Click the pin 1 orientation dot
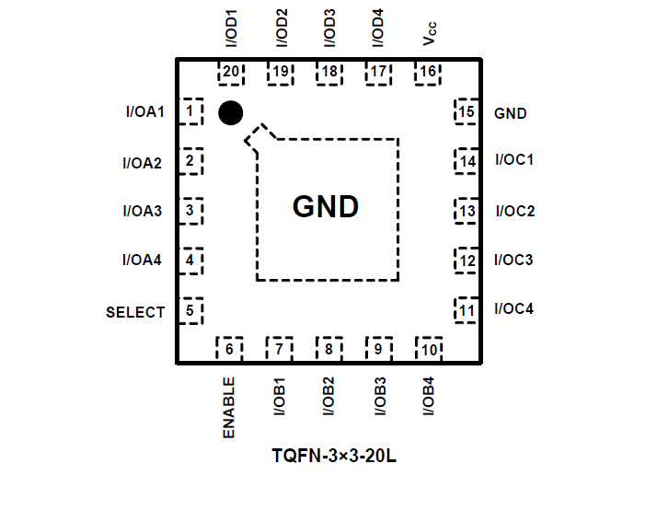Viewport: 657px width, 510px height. [230, 113]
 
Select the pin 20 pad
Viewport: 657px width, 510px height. [230, 73]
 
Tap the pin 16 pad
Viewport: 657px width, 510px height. [427, 73]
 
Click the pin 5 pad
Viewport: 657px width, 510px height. [190, 310]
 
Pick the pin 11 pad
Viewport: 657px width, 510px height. [467, 309]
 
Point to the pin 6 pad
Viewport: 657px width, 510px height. [229, 349]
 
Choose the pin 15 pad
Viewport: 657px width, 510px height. [467, 112]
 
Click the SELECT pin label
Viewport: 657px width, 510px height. [135, 312]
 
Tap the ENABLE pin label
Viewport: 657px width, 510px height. [229, 407]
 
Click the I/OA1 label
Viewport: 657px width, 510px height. [144, 112]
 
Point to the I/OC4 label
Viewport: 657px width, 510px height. [513, 308]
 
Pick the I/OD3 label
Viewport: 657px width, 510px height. [329, 29]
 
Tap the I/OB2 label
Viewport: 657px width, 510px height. [328, 397]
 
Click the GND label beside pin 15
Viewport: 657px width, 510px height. [511, 113]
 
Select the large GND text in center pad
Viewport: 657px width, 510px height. [325, 206]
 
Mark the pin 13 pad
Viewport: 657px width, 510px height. [467, 212]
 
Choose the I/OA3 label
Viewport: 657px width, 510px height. [142, 211]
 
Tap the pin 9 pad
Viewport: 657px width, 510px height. [377, 349]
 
